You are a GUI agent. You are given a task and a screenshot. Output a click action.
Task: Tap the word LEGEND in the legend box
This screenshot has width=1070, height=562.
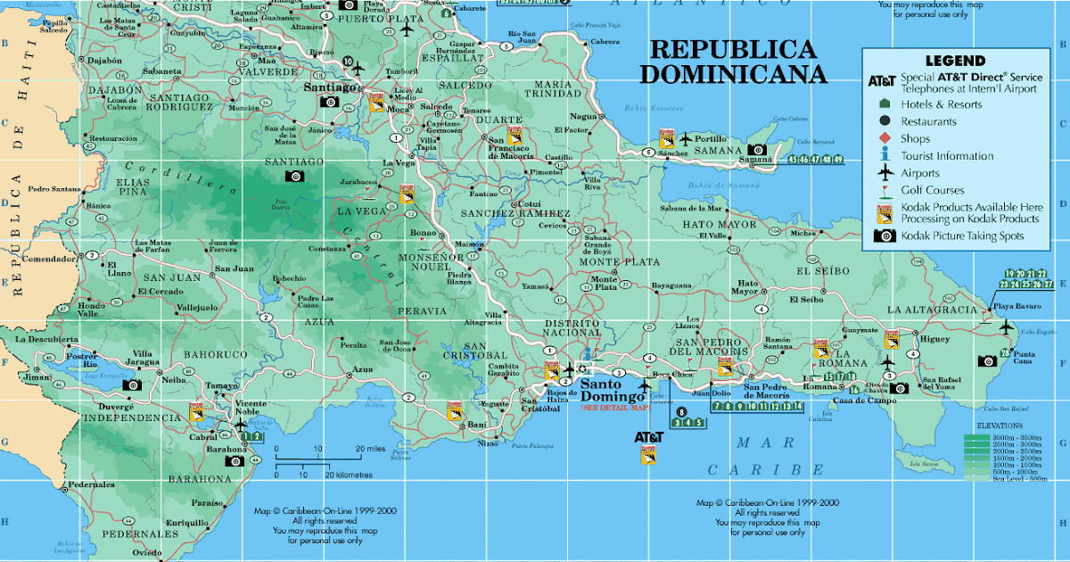click(x=955, y=61)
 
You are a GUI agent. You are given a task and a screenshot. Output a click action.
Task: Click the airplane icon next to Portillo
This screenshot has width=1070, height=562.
click(x=685, y=139)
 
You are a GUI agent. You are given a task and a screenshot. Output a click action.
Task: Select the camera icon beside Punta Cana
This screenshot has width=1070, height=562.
click(x=987, y=360)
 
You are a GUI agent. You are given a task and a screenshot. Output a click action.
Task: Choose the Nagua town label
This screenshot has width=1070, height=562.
click(x=583, y=116)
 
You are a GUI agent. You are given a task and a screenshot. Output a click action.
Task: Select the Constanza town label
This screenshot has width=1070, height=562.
click(x=326, y=248)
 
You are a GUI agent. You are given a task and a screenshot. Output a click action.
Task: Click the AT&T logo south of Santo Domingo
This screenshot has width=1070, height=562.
click(x=648, y=437)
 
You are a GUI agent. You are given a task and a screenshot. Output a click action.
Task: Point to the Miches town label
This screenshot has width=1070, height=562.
click(x=802, y=233)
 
